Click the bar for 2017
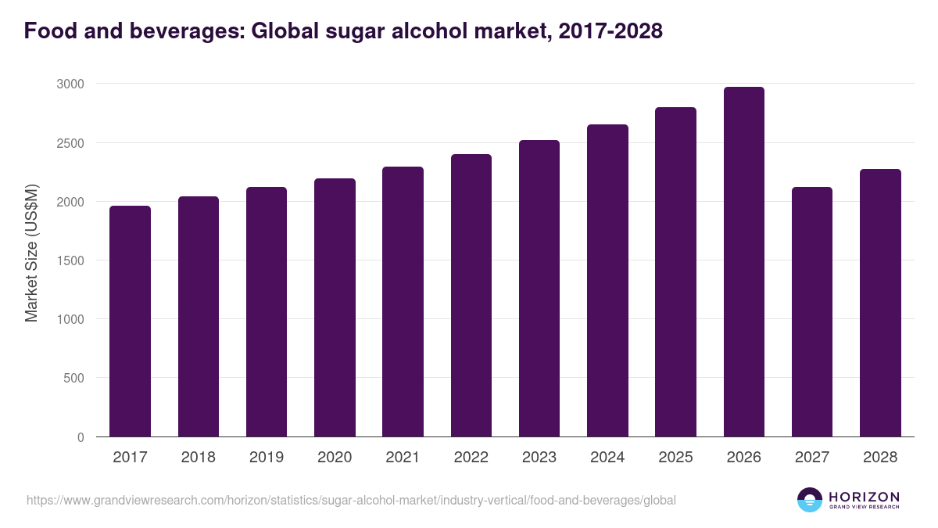click(130, 321)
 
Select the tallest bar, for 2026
click(743, 262)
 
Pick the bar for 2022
click(471, 296)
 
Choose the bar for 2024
click(607, 280)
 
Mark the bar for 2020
click(335, 307)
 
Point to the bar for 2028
click(880, 303)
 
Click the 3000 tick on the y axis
click(71, 84)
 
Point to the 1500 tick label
click(71, 260)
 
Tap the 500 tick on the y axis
click(74, 379)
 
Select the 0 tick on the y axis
click(81, 437)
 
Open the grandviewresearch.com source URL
click(351, 500)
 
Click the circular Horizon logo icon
click(809, 500)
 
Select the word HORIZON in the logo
click(864, 497)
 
